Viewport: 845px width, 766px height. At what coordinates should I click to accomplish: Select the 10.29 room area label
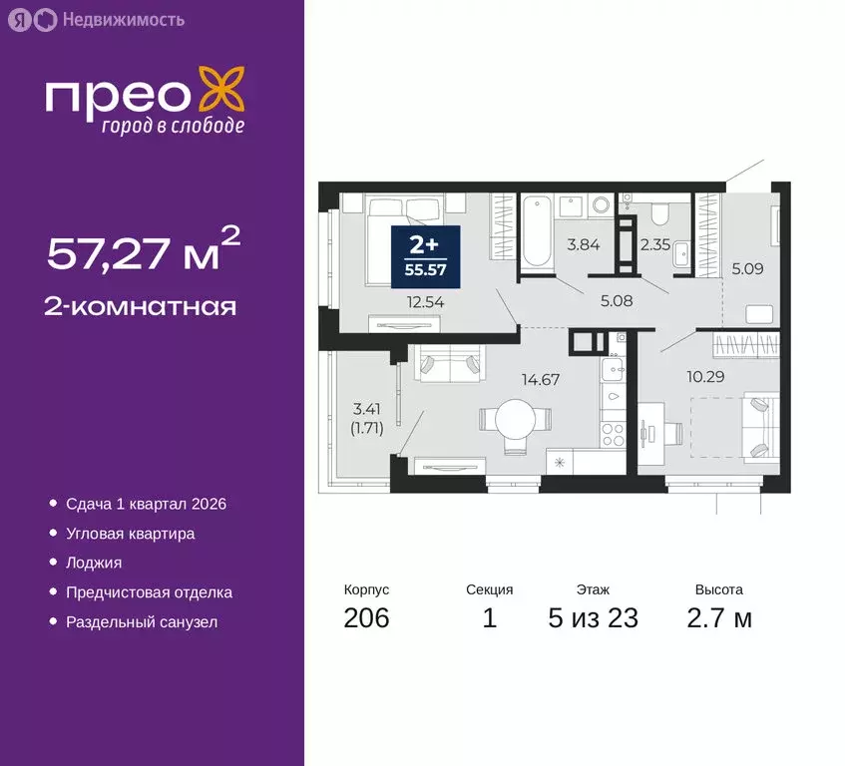click(x=679, y=376)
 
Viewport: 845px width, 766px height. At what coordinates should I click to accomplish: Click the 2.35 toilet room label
click(x=653, y=242)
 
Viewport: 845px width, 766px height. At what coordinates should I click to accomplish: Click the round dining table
click(x=515, y=416)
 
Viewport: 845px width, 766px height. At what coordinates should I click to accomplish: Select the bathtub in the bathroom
click(x=535, y=232)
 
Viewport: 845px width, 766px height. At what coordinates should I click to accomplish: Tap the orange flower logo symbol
click(x=219, y=89)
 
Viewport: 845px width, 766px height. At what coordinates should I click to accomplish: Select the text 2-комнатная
click(x=141, y=305)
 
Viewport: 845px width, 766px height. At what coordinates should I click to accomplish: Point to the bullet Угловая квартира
click(x=130, y=534)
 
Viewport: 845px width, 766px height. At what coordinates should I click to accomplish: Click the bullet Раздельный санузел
click(x=141, y=622)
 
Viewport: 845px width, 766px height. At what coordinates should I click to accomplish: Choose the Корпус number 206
click(x=366, y=618)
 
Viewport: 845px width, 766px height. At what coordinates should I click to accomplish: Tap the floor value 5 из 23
click(x=593, y=618)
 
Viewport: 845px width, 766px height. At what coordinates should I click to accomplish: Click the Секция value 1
click(x=489, y=618)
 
